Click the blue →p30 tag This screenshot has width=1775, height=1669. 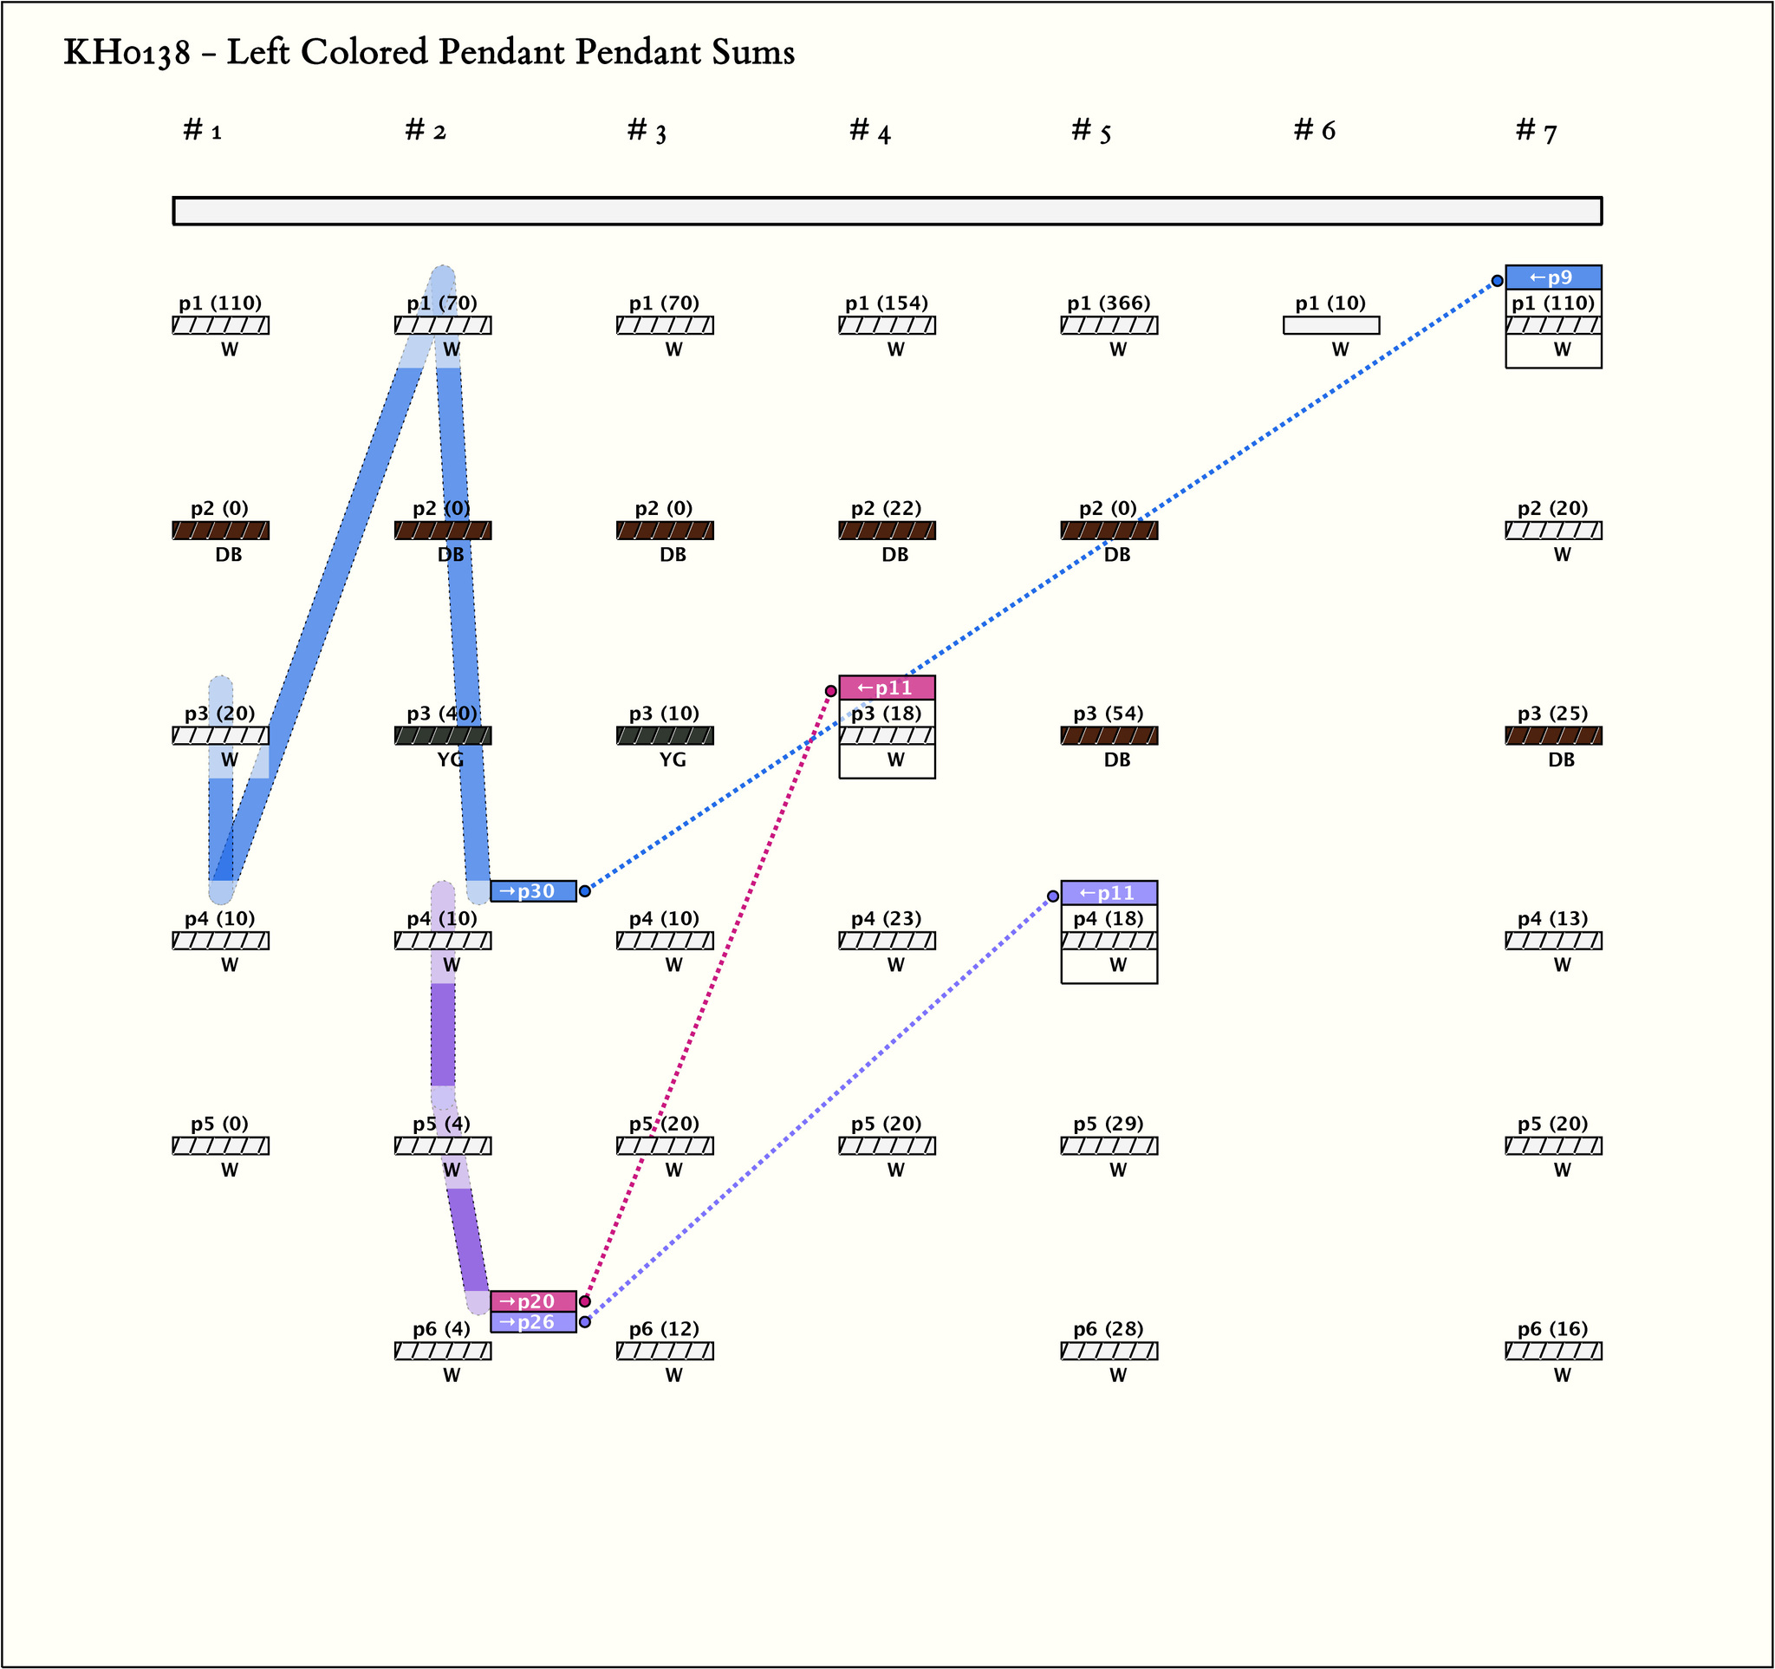533,891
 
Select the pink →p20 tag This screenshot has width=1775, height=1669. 533,1301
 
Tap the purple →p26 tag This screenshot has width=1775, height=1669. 533,1322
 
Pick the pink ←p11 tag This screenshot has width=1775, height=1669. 887,688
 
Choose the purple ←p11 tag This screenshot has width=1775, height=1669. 1108,893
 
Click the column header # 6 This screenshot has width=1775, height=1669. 1314,131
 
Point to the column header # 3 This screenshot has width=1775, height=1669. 647,131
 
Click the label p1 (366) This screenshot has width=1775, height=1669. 1108,303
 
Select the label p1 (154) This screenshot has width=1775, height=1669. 887,303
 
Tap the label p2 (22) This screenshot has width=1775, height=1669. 886,509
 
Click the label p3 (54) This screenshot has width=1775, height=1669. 1108,714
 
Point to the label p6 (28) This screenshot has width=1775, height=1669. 1108,1329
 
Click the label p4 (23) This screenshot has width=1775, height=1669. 886,919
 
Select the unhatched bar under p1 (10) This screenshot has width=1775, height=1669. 1330,326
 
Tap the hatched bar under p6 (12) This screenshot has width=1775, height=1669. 664,1351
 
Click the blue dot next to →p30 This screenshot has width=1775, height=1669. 585,891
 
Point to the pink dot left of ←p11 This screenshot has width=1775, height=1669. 830,690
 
